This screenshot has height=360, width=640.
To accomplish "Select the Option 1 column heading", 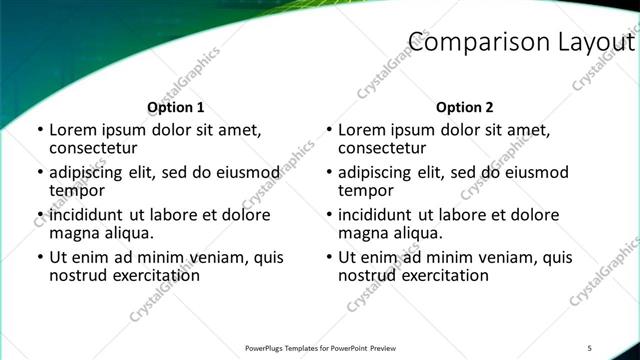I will (x=176, y=107).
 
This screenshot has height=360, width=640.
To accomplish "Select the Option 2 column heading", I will (x=465, y=107).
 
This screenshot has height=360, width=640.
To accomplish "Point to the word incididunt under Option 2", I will (x=381, y=215).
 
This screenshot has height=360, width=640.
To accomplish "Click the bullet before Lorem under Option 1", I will (x=39, y=130).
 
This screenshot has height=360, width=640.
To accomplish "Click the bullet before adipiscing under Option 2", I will (x=329, y=173).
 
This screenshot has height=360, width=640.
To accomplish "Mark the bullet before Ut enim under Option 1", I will (x=39, y=258).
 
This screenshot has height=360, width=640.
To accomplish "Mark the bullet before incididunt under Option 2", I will (x=329, y=216).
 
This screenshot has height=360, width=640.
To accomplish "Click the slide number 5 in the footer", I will (x=590, y=347).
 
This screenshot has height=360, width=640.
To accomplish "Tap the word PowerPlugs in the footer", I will (x=267, y=348).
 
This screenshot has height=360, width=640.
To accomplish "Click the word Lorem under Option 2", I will (x=363, y=130).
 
